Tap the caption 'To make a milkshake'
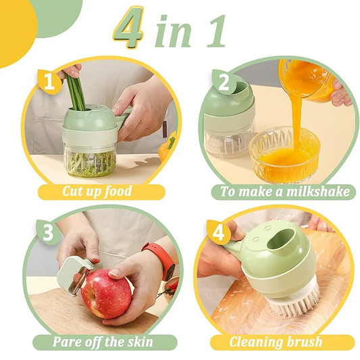(x=286, y=191)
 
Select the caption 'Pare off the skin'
(x=103, y=341)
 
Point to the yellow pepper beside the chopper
(x=167, y=147)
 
